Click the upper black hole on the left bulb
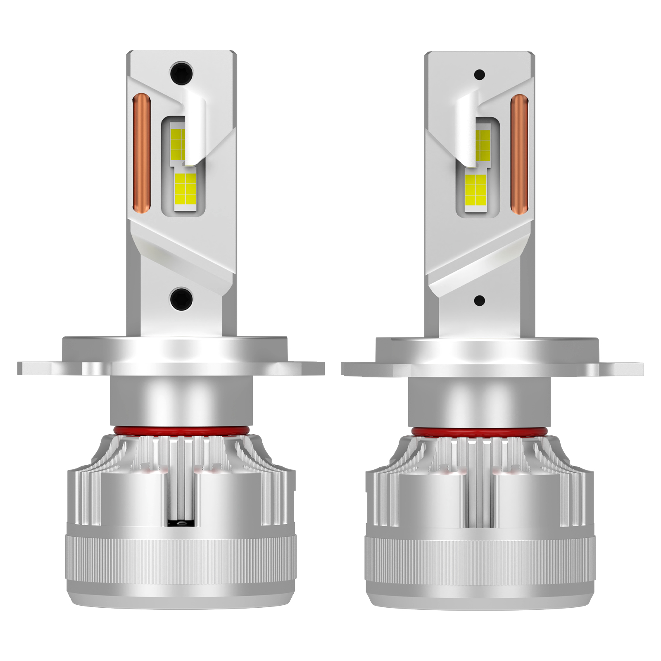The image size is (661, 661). click(x=181, y=74)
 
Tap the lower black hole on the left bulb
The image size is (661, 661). click(x=181, y=298)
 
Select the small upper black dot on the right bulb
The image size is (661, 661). click(x=480, y=75)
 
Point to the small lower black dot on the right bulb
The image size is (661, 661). click(x=480, y=300)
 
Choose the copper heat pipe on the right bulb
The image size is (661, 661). click(x=519, y=153)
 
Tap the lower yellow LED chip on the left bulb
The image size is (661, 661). click(x=185, y=189)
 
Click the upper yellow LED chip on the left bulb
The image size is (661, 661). click(x=178, y=144)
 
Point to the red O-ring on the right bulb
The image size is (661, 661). click(x=479, y=432)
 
